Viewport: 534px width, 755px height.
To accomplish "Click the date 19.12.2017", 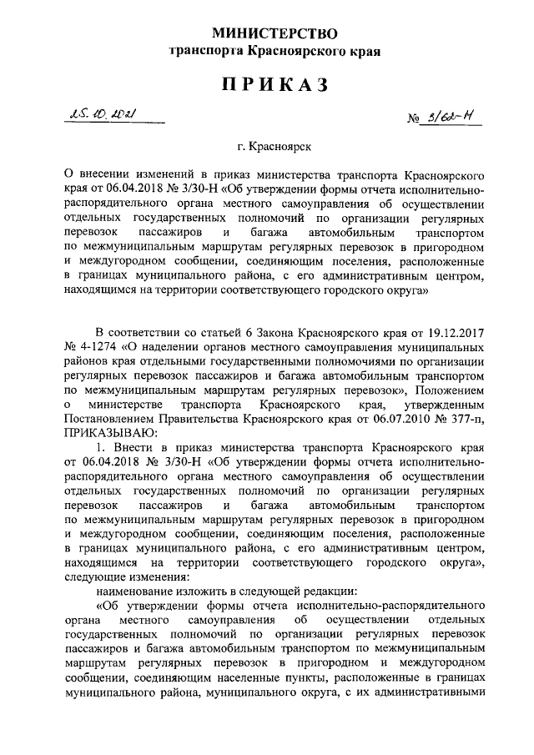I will coord(456,334).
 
